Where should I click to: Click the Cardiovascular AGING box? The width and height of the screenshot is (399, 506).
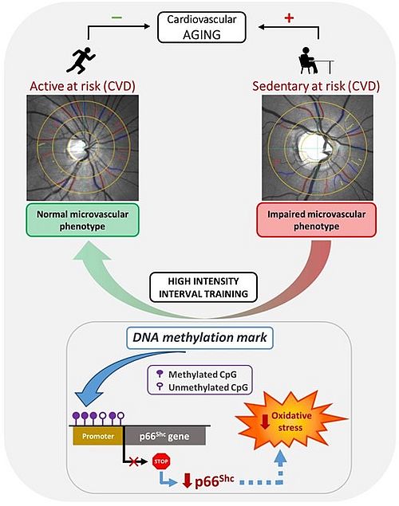point(202,27)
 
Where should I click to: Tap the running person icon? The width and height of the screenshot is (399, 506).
point(81,60)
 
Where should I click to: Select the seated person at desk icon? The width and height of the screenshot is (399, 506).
point(315,61)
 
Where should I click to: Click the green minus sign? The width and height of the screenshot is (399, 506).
point(117,18)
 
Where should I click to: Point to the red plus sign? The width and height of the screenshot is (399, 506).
point(289,18)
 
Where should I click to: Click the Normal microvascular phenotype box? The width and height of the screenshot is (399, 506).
point(82,220)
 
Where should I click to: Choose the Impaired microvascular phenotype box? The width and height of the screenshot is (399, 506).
point(316,220)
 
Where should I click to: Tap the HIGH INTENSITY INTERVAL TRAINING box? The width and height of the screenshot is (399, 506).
point(203,287)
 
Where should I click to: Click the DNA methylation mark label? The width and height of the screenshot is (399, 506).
point(199,338)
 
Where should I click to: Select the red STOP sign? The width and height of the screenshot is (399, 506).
point(161,461)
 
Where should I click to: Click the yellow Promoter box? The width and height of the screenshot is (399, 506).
point(98,436)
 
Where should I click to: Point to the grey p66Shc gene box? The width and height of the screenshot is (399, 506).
point(164,436)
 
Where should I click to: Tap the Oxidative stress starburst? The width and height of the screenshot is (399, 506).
point(290,421)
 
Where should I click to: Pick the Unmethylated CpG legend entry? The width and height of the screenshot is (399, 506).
point(202,387)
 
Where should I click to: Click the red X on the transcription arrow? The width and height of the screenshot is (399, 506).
point(133,462)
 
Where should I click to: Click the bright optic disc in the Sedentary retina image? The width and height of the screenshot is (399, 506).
point(312,147)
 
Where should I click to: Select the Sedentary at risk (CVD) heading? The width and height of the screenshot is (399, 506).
point(316,86)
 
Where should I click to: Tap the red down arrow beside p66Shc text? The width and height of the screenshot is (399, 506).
point(188,481)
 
